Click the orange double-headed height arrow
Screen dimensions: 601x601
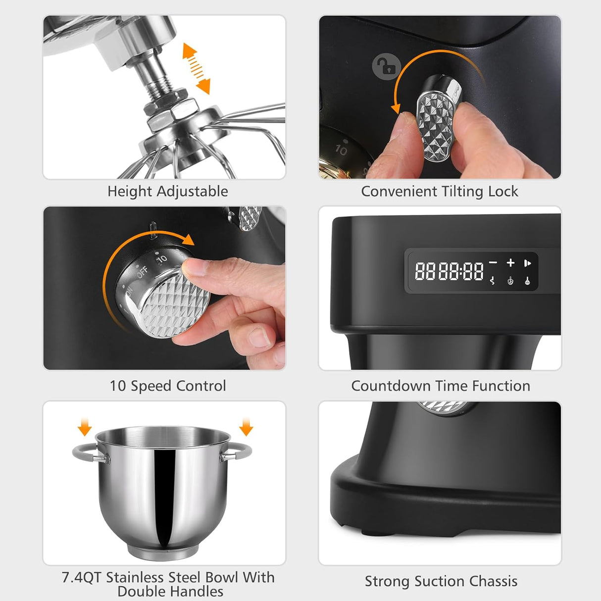coord(196,69)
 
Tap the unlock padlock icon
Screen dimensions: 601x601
coord(386,66)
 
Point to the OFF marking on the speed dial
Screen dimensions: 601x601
coord(142,272)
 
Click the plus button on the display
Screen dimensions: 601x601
coord(510,263)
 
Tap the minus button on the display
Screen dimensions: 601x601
coord(493,263)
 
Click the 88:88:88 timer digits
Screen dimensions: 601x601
coord(449,271)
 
